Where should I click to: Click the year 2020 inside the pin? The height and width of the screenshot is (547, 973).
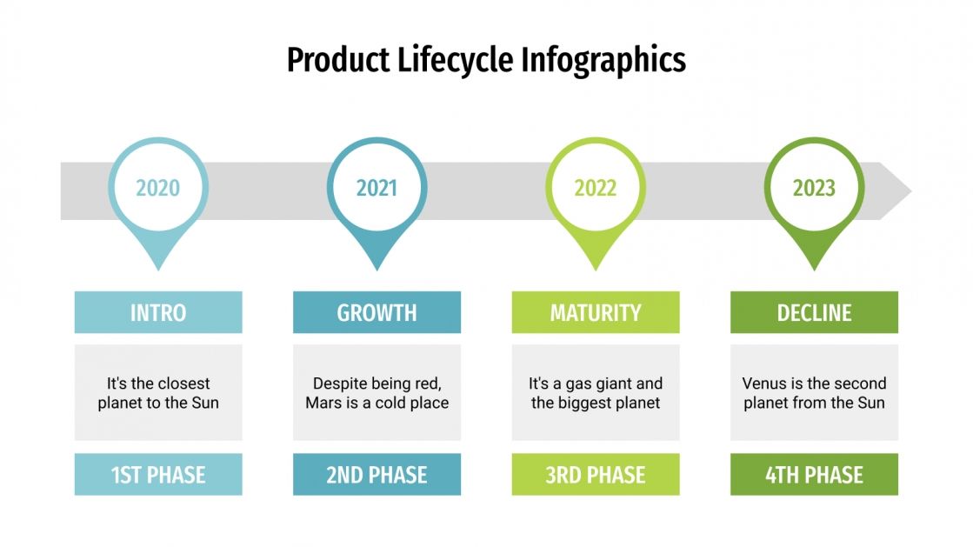pos(158,188)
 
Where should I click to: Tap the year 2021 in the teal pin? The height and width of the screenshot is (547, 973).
pos(377,188)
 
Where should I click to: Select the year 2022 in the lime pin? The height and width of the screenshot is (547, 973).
pos(595,188)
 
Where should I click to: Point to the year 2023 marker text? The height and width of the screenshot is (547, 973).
pos(814,188)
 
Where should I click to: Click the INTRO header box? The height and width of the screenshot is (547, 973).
pos(158,312)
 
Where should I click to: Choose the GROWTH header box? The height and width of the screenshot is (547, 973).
pos(377,312)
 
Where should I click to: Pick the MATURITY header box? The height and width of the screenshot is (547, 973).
pos(595,312)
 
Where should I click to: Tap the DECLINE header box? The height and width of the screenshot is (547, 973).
pos(814,312)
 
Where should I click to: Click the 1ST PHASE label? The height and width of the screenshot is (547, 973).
pos(158,475)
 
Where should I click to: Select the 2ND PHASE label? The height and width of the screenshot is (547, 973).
pos(377,475)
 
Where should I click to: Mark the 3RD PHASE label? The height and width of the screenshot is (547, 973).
pos(595,475)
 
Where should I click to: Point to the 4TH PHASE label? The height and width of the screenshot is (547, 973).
pos(814,475)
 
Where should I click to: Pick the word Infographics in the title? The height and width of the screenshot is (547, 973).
pos(603,60)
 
